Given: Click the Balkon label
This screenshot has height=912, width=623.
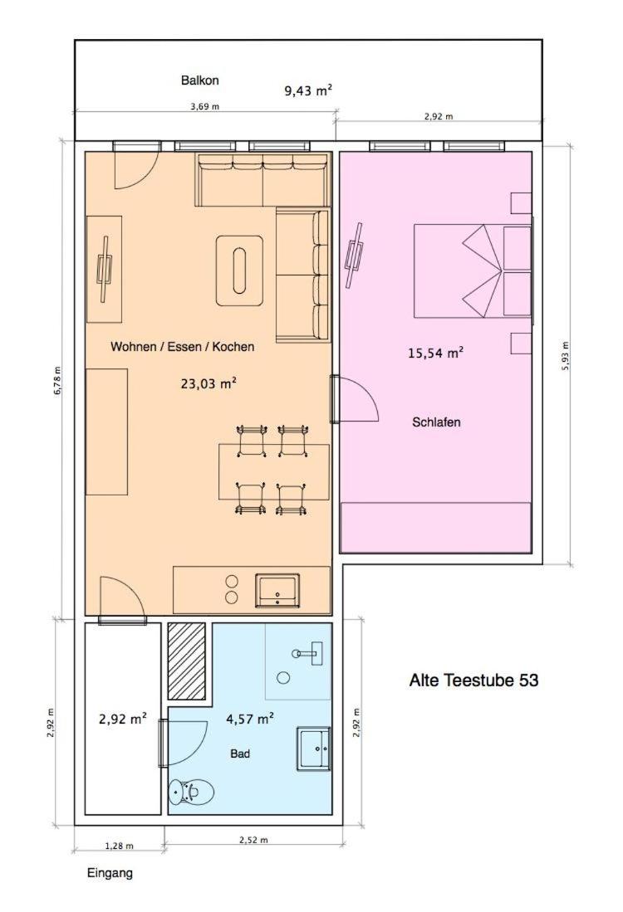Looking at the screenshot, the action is pos(199,80).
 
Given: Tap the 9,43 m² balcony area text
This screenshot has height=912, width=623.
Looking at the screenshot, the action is pos(308,90).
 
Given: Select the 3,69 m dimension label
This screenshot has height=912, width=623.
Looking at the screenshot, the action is pos(204,106).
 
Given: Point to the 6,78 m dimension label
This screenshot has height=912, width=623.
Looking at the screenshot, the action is pos(57,381).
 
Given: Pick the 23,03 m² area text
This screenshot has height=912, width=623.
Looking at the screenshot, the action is pos(208,383).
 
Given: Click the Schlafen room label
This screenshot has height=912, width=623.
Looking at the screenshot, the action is pos(436,422).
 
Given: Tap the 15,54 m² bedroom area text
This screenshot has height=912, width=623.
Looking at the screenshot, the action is pos(435,353).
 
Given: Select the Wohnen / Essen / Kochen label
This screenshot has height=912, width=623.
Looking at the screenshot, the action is pos(182,347).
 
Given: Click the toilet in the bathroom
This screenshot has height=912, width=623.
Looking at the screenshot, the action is pos(191,792).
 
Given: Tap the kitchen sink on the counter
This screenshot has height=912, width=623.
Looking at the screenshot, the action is pos(277,590).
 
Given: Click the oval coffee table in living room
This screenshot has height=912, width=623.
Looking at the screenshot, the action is pos(239,271).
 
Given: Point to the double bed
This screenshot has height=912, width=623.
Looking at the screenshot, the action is pos(473,271).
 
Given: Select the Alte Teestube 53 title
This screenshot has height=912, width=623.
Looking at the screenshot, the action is pos(473,680).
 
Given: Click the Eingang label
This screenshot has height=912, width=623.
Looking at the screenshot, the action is pos(110,873).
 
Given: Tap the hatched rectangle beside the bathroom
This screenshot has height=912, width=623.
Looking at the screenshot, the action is pos(186,661).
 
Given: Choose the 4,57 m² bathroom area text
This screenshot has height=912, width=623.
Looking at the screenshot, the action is pos(250,719).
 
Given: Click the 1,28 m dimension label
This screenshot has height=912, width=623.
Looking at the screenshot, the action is pos(119,846).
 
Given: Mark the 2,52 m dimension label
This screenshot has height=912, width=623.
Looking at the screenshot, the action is pos(254,840).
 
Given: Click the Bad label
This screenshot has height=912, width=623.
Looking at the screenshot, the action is pos(240,753).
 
